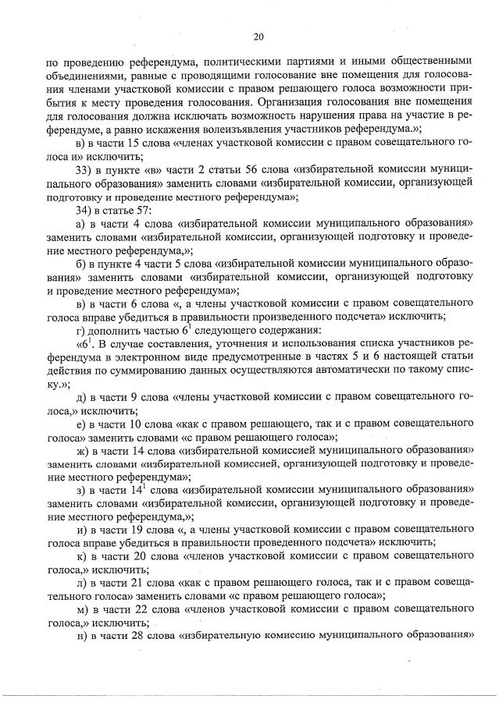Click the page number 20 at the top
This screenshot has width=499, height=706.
pyautogui.click(x=259, y=35)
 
